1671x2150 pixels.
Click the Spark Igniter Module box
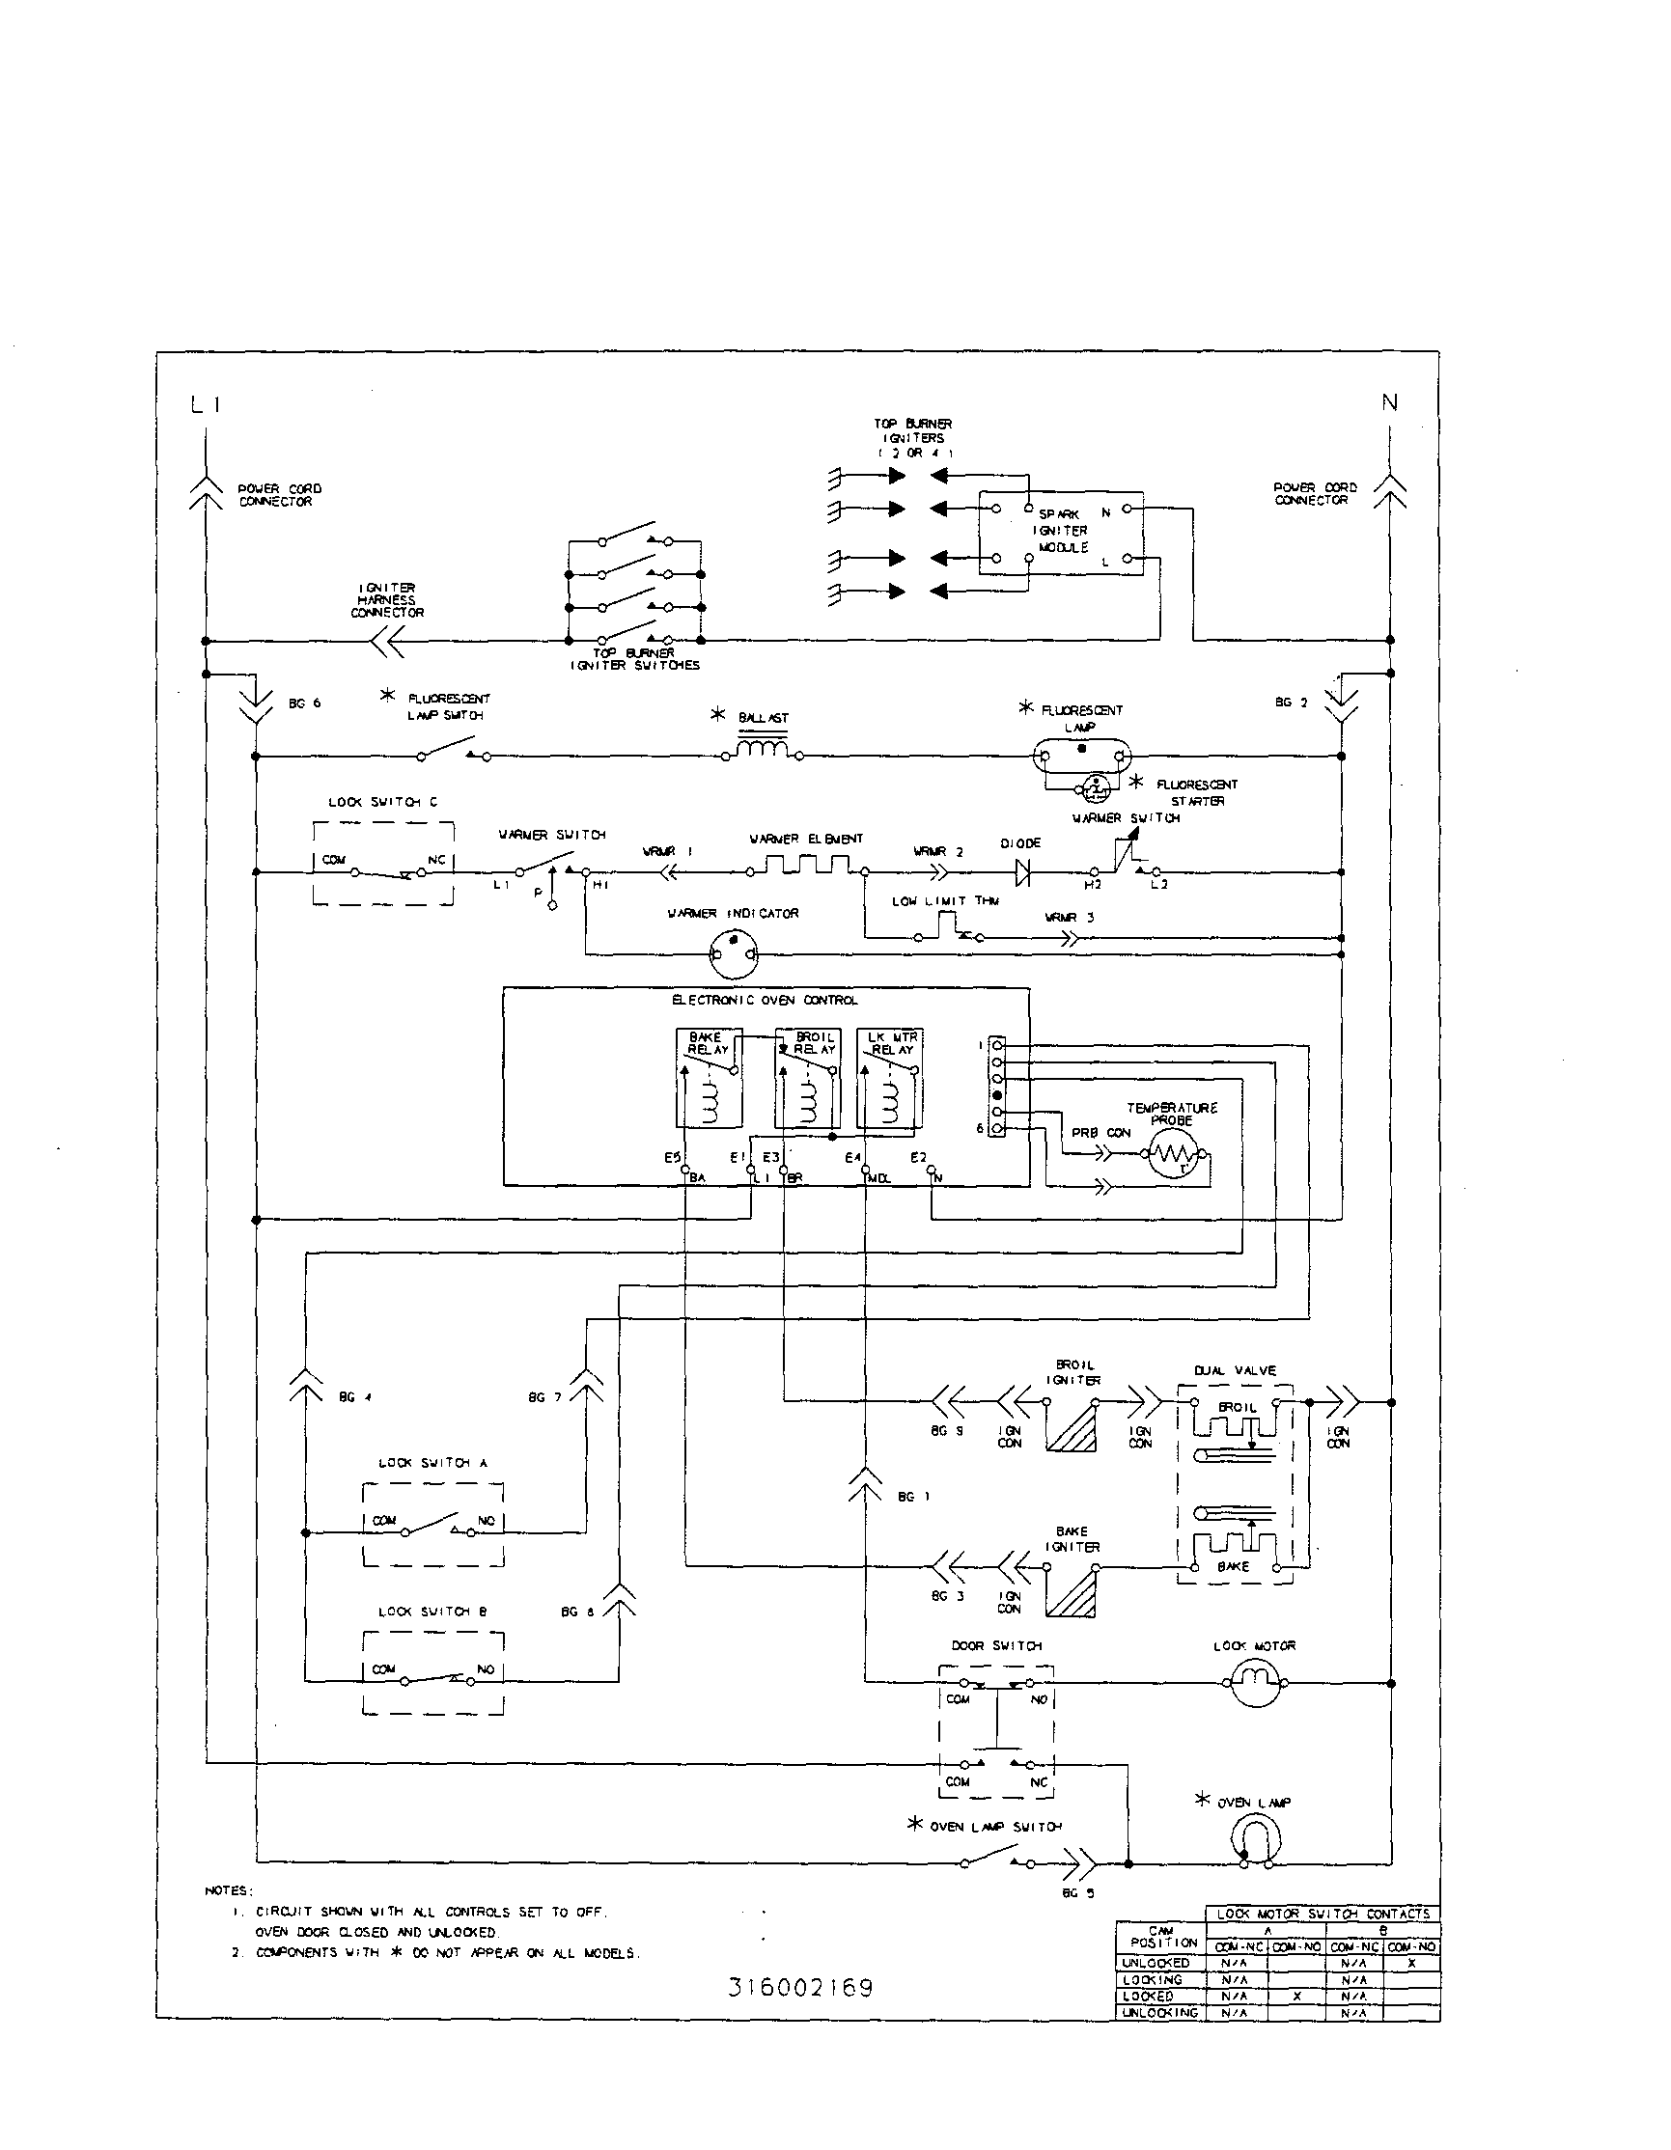pos(1061,533)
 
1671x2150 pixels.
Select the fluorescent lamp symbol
pos(1082,756)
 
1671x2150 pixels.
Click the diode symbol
pos(1022,871)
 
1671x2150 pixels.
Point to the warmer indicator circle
pos(734,954)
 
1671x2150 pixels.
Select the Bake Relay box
pos(709,1077)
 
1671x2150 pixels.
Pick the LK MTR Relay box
pos(890,1077)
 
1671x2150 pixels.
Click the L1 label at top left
pos(206,404)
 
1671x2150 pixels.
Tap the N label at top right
pos(1389,402)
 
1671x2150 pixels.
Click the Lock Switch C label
pos(383,802)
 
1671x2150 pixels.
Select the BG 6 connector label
pos(304,703)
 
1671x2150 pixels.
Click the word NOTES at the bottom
pos(229,1891)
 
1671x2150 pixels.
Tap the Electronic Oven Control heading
pos(765,1000)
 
